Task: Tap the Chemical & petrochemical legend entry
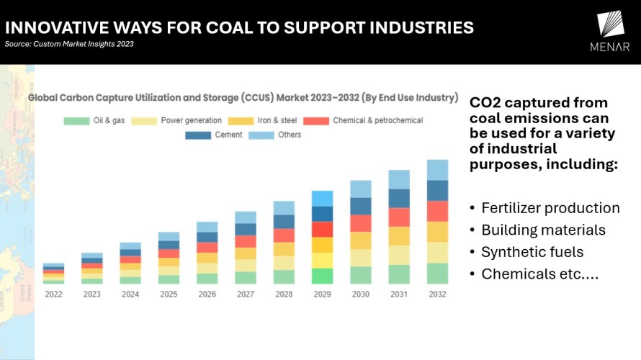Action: coord(364,120)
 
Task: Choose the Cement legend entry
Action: coord(216,135)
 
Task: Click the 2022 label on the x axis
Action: coord(53,294)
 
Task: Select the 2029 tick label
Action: coord(322,294)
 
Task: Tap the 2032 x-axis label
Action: coord(437,294)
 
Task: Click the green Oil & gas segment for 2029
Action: coord(322,276)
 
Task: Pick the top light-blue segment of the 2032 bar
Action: coord(437,170)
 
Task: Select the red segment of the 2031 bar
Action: coord(399,217)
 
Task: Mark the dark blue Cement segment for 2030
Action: coord(361,206)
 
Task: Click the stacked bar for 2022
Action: coord(53,274)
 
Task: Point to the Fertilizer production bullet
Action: coord(550,208)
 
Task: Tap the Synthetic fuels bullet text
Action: coord(532,252)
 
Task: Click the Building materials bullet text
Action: coord(543,230)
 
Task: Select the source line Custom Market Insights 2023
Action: coord(69,44)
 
